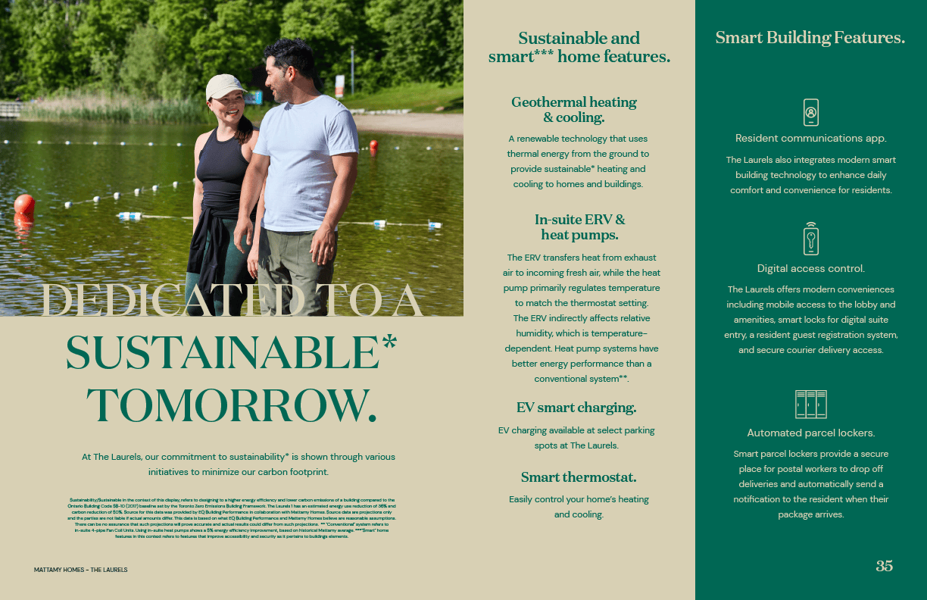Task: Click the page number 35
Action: coord(884,566)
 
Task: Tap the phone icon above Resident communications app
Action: coord(810,112)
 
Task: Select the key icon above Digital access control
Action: coord(810,239)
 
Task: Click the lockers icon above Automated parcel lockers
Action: coord(810,405)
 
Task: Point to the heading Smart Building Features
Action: coord(810,38)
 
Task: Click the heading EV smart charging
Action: coord(576,408)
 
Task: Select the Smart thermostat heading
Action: coord(579,477)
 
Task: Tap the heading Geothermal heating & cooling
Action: coord(574,110)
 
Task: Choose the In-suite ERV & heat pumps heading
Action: coord(579,227)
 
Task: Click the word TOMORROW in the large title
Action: coord(232,405)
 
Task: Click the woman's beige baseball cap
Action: coord(224,86)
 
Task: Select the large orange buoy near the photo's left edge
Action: coord(24,205)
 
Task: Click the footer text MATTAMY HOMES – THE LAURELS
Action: coord(80,570)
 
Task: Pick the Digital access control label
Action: coord(810,269)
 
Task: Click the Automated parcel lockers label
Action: coord(810,433)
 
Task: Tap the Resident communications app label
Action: coord(810,139)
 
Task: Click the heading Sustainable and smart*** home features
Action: coord(579,47)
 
